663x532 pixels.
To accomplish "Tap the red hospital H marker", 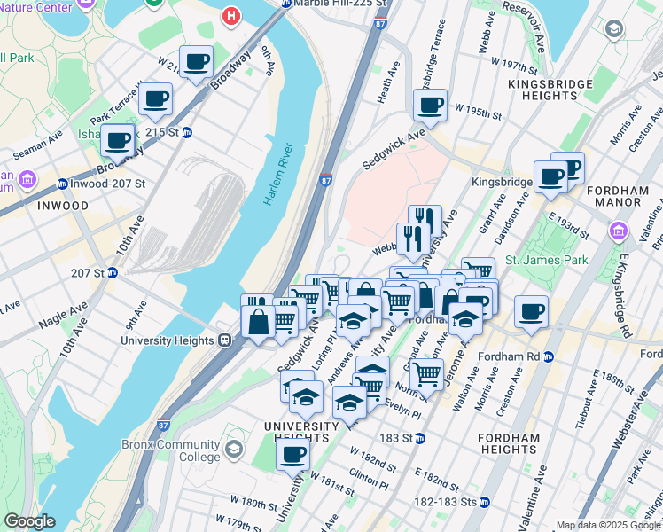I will coord(231,16).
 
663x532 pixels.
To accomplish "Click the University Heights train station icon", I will coord(226,340).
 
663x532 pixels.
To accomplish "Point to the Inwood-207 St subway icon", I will coord(62,184).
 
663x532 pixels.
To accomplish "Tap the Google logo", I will coord(29,521).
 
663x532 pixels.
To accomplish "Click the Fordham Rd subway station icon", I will coord(548,356).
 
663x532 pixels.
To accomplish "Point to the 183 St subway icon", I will coord(420,438).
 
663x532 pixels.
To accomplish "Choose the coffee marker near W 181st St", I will coord(292,456).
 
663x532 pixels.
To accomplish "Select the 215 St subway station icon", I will coord(187,132).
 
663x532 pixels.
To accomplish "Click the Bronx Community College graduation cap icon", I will coord(233,449).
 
